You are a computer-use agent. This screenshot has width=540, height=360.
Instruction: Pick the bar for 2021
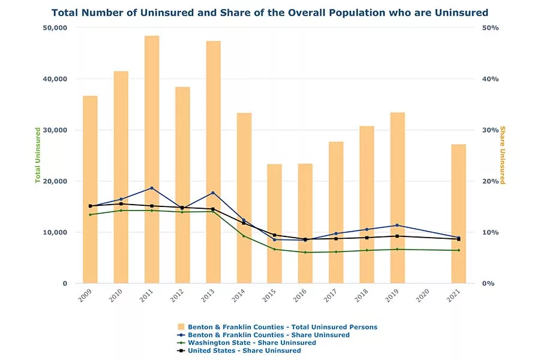click(x=458, y=214)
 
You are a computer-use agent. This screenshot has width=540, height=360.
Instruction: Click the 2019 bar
click(x=397, y=197)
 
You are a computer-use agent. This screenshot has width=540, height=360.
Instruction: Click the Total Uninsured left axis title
click(x=38, y=155)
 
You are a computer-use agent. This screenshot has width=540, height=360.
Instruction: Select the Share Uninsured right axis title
click(x=502, y=155)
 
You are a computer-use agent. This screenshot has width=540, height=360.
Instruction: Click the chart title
click(x=270, y=13)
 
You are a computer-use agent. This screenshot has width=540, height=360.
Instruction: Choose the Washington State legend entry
click(x=251, y=343)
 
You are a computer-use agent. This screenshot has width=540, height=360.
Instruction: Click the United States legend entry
click(x=244, y=350)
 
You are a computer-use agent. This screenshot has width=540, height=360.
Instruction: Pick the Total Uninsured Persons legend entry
click(x=282, y=327)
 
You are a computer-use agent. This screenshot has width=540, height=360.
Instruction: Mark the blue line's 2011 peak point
click(x=152, y=188)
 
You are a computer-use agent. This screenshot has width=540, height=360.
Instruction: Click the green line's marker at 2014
click(x=244, y=236)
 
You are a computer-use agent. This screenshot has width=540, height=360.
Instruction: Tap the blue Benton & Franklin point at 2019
click(x=397, y=225)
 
